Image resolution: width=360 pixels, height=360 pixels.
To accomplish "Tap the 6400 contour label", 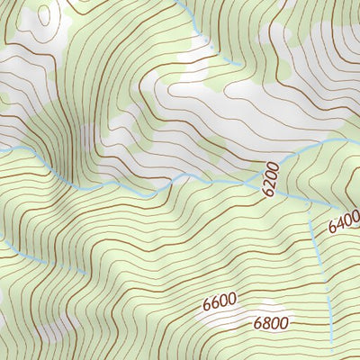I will point(344,221).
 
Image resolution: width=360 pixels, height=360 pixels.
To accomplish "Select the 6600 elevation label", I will point(219,302).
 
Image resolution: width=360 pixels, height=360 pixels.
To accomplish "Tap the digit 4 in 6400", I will point(339,224).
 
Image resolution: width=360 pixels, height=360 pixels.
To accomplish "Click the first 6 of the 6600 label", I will point(207,303).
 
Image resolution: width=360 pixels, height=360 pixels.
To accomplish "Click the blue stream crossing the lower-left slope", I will point(45,256).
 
